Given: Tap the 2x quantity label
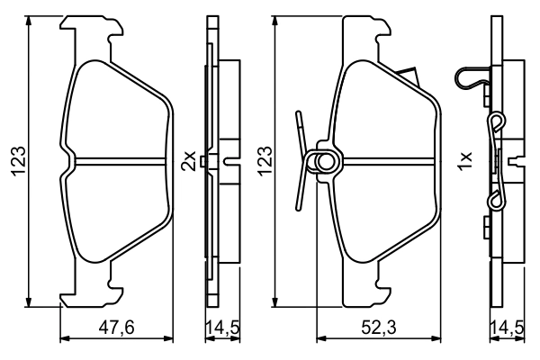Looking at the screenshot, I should click(189, 162).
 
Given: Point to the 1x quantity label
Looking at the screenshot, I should click(465, 162).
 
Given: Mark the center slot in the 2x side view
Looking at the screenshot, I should click(229, 162).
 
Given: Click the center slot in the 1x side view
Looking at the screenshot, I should click(517, 162).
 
